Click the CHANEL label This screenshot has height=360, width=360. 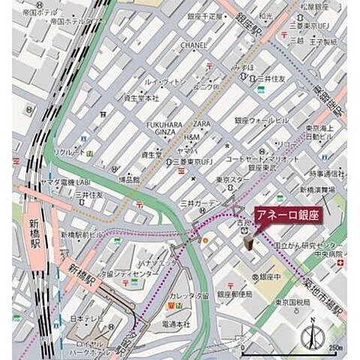[x=193, y=44]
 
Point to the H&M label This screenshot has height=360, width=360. [x=192, y=137]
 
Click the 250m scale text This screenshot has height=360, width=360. [x=334, y=349]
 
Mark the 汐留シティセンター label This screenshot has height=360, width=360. [x=128, y=274]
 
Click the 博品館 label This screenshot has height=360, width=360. [x=129, y=179]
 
